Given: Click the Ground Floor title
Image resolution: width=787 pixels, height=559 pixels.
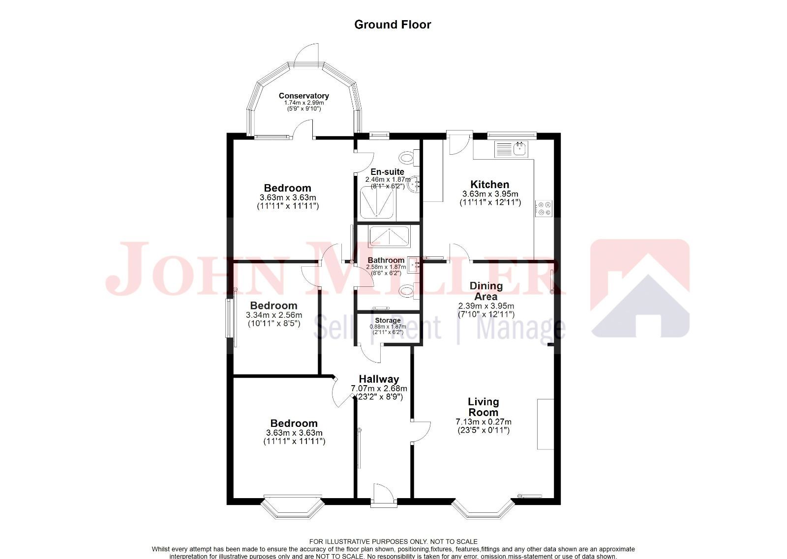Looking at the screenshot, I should click(393, 25).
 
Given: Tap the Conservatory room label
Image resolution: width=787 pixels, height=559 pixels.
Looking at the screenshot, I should click(303, 96).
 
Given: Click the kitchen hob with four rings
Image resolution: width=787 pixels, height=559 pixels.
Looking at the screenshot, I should click(544, 208).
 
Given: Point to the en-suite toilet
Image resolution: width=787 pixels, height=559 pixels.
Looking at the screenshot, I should click(408, 157).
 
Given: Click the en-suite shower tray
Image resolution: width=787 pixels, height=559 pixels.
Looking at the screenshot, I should click(377, 203).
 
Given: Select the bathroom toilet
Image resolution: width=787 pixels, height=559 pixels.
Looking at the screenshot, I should click(408, 291).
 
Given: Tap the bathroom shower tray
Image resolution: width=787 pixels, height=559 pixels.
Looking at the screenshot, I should click(389, 236).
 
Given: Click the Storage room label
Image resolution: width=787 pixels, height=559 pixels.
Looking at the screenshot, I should click(388, 320).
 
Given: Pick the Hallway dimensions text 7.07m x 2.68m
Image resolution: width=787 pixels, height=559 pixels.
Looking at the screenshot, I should click(379, 388).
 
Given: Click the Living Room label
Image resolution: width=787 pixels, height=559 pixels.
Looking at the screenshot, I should click(483, 407).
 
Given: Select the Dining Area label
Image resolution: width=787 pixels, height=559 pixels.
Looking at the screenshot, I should click(486, 291).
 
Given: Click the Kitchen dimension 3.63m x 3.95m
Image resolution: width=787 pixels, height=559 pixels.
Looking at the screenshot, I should click(490, 194).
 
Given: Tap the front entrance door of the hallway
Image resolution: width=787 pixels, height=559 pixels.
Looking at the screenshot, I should click(383, 494).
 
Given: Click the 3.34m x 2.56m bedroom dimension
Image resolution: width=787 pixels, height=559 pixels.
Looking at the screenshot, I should click(274, 315).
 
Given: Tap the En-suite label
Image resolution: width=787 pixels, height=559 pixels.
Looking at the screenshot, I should click(387, 172).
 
